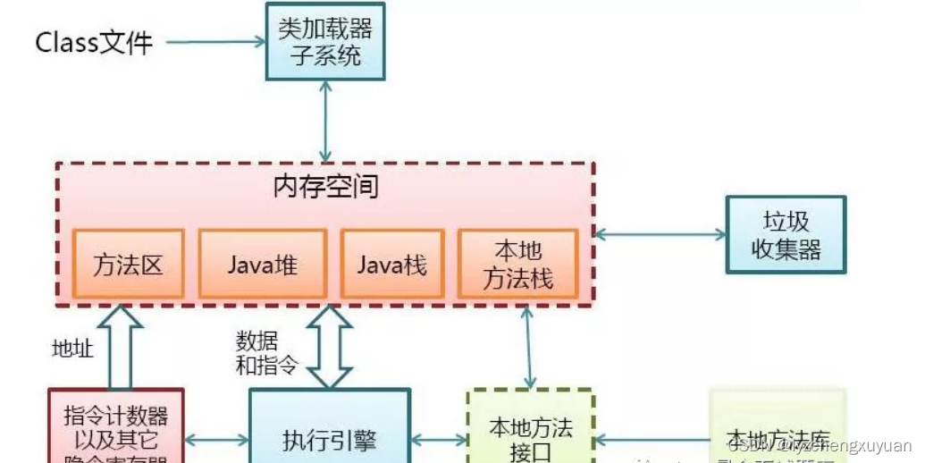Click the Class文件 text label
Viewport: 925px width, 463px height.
tap(94, 42)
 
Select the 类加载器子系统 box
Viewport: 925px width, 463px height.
tap(325, 41)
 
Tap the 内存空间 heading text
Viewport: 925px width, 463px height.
tap(325, 187)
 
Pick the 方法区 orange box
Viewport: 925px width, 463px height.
tap(128, 264)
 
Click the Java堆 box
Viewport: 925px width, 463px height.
tap(262, 264)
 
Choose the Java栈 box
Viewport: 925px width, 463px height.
tap(391, 264)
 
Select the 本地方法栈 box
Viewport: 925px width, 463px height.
tap(518, 264)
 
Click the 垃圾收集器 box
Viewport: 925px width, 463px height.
tap(786, 235)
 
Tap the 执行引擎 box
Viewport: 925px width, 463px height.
tap(329, 439)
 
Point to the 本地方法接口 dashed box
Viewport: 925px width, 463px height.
tap(531, 434)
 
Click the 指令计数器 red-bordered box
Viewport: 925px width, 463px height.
tap(116, 429)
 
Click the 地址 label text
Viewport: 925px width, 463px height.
tap(71, 349)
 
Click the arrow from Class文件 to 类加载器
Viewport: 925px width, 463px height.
tap(215, 42)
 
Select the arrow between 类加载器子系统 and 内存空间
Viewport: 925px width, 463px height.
tap(325, 121)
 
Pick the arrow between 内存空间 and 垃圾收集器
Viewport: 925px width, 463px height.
tap(660, 235)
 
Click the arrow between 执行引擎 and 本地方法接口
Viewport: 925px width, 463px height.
tap(439, 439)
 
